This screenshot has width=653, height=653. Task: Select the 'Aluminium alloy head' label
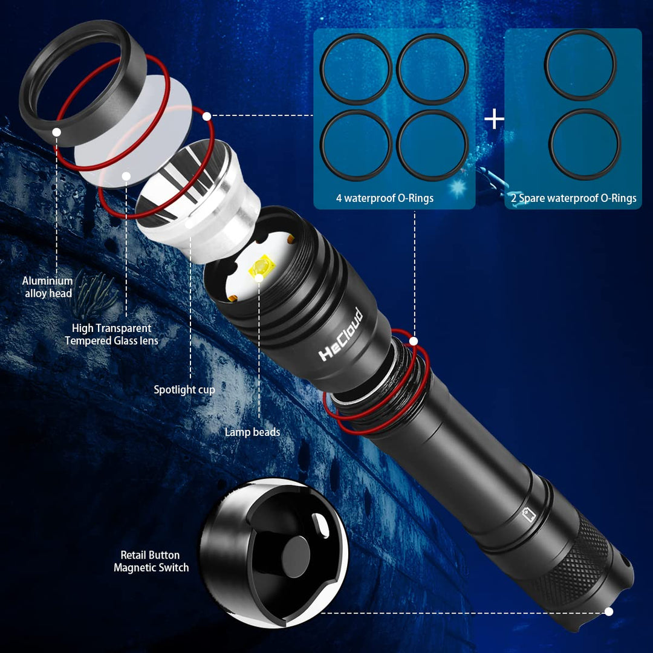tap(48, 287)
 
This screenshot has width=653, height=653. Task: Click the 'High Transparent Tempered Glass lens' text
tap(112, 334)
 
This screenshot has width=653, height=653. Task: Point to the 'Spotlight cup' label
tap(184, 390)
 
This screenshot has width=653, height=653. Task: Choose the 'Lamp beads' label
tap(252, 432)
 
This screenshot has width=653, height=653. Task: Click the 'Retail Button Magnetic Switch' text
tap(151, 561)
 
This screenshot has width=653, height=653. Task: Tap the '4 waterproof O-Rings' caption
tap(385, 198)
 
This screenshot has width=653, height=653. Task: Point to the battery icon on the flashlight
tap(529, 515)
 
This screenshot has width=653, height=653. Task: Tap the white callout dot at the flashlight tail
tap(609, 612)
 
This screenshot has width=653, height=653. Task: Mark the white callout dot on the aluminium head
tap(56, 131)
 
